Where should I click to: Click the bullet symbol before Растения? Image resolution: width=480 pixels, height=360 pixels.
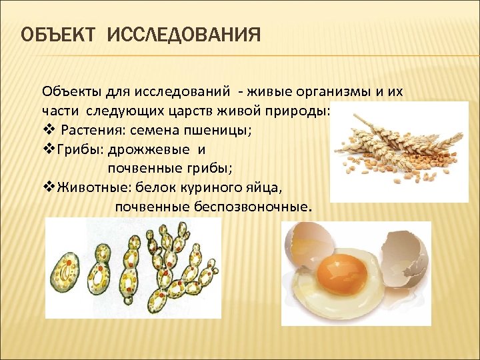coord(47,130)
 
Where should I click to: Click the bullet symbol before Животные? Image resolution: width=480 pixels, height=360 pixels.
coord(47,187)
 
